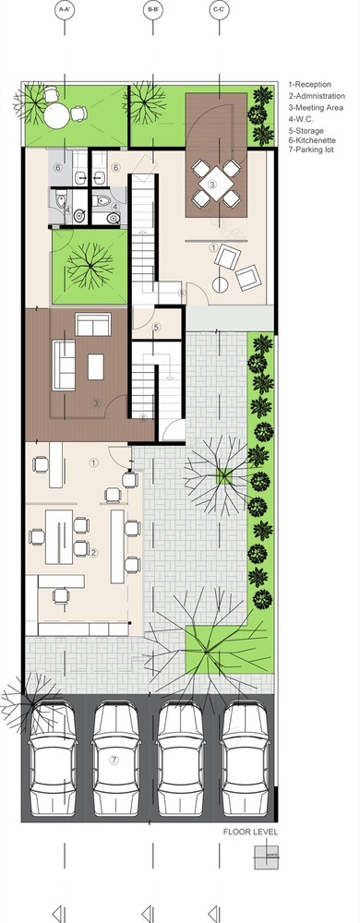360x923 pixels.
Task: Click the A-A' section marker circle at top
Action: point(66,10)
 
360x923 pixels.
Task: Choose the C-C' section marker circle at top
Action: point(218,10)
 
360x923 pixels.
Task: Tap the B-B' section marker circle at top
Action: point(152,10)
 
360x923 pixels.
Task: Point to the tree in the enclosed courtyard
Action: point(89,266)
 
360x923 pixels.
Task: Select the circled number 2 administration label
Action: point(93,552)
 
